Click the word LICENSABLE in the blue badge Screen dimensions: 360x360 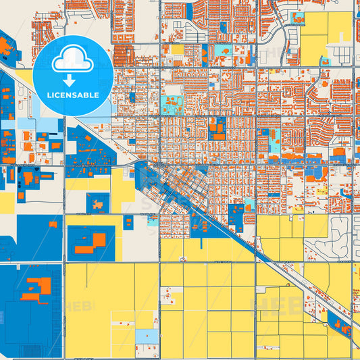coord(74,95)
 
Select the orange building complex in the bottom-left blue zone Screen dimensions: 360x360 coord(34,290)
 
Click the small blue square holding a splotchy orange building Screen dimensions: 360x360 coord(99,202)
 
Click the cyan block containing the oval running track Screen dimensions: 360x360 coord(172,105)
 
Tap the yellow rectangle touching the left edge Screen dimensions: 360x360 coord(6,201)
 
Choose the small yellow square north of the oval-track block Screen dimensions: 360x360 coord(178,49)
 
